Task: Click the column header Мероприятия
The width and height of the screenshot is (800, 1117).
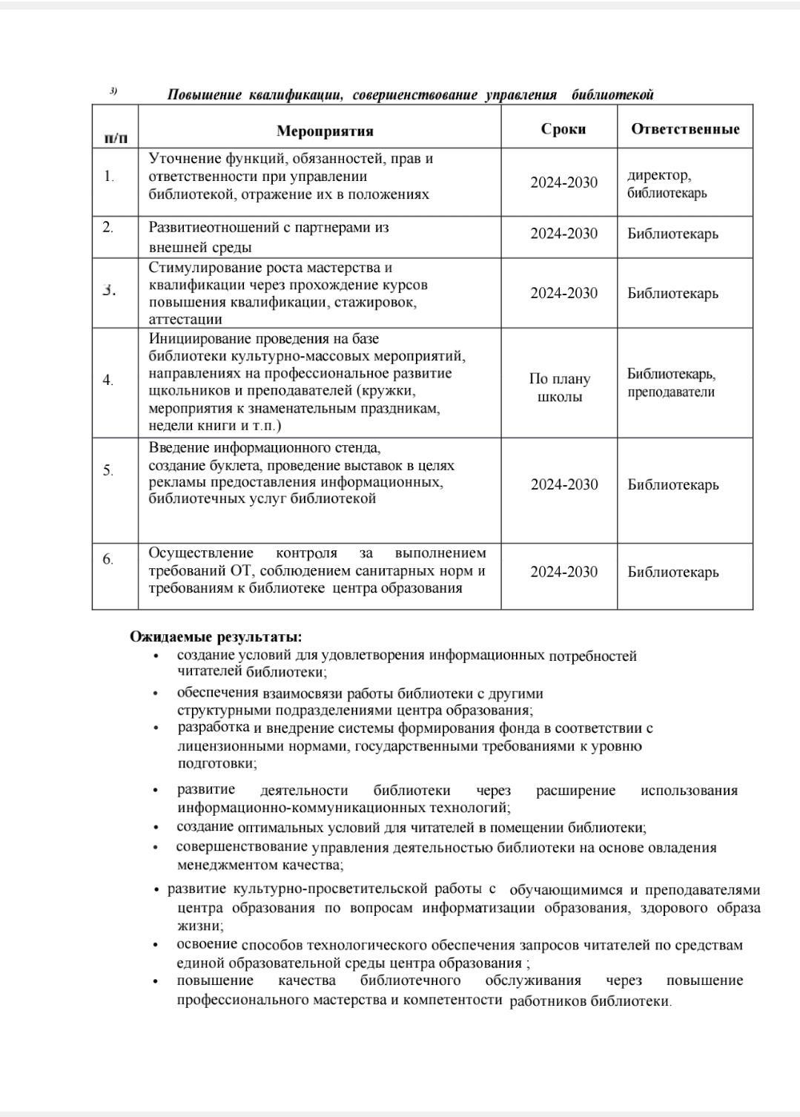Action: coord(325,131)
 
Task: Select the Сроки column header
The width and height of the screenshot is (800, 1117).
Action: coord(563,129)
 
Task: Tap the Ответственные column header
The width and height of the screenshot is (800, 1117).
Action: coord(685,129)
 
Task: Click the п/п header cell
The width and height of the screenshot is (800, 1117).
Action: coord(115,137)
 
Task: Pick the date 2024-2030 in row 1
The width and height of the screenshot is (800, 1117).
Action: coord(563,182)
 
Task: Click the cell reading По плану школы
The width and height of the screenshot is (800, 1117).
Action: coord(560,388)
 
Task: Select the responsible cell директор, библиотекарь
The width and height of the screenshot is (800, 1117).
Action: coord(667,184)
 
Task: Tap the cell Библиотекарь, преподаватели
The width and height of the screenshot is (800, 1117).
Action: coord(671,383)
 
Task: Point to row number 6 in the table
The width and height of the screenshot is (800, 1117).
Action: coord(108,559)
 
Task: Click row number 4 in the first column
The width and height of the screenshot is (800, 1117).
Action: coord(108,380)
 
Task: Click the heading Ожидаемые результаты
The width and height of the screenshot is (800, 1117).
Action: coord(216,636)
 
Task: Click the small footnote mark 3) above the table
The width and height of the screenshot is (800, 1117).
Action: coord(113,91)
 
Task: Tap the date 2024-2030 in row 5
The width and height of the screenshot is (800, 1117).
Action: coord(563,485)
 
